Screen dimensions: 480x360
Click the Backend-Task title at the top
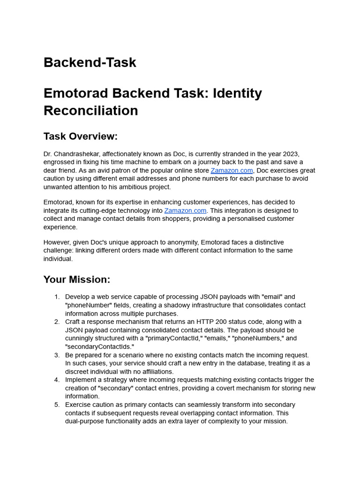(x=90, y=62)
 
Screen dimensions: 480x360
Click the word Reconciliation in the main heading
(x=90, y=111)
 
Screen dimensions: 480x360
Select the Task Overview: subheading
(x=80, y=136)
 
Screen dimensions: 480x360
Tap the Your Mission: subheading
(x=77, y=279)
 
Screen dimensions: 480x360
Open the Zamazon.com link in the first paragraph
(x=232, y=171)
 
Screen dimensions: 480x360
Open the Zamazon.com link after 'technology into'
(x=185, y=211)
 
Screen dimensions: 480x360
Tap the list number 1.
(x=57, y=297)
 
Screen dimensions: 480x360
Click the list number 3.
(x=57, y=355)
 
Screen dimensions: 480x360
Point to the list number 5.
(x=57, y=405)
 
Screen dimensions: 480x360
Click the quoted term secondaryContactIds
(x=99, y=347)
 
